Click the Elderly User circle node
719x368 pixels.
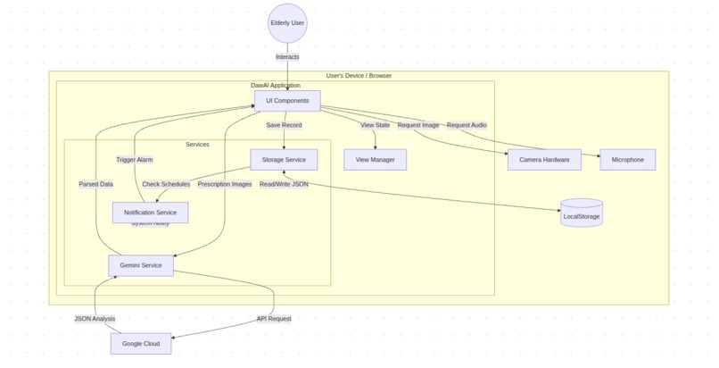(x=287, y=22)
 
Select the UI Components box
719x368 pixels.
(x=287, y=101)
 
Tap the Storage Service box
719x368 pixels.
(x=284, y=160)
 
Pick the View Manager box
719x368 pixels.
(x=375, y=160)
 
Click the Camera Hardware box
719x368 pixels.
(x=544, y=160)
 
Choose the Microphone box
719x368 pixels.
(x=628, y=160)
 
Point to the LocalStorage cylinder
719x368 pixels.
(x=582, y=214)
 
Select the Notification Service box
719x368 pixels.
(x=150, y=212)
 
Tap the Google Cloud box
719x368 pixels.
(x=141, y=344)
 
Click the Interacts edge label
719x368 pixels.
(x=287, y=56)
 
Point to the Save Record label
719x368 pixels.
(x=284, y=125)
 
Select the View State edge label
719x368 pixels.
(x=375, y=125)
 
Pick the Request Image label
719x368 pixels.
(x=417, y=125)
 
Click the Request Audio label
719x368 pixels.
(x=467, y=125)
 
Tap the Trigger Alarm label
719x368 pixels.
(x=135, y=160)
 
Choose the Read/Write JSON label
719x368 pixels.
(x=284, y=185)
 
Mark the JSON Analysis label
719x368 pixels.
(x=95, y=319)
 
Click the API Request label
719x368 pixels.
(x=273, y=319)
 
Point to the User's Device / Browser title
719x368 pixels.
(x=359, y=76)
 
